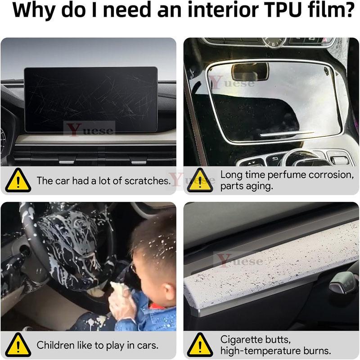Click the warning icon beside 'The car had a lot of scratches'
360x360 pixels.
pyautogui.click(x=18, y=180)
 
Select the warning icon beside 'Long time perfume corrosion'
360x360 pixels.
pyautogui.click(x=200, y=180)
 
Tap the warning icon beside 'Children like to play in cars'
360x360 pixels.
pyautogui.click(x=18, y=345)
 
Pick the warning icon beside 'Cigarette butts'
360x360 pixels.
pyautogui.click(x=200, y=345)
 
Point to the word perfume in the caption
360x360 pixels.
pyautogui.click(x=302, y=175)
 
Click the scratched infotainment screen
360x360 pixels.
pyautogui.click(x=90, y=99)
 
